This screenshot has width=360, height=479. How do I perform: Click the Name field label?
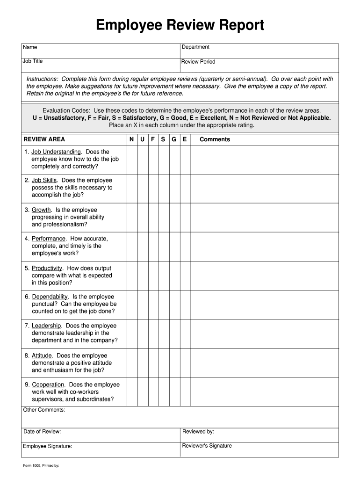tap(30, 47)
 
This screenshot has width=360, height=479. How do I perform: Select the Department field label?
tap(195, 47)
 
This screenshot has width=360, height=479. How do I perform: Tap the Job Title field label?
tap(33, 61)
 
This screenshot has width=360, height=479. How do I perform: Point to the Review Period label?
tap(198, 62)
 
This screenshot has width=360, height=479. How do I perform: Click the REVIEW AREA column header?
tap(44, 139)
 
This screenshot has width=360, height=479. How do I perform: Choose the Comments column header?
tap(215, 139)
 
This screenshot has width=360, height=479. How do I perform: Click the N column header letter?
tap(131, 139)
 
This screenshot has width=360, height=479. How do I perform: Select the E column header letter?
tap(185, 139)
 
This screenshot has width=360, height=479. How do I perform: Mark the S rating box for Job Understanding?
tap(163, 160)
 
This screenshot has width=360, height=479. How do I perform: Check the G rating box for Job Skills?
tap(174, 188)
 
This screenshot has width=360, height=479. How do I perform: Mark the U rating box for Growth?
tap(142, 218)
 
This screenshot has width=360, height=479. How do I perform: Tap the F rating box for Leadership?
tap(152, 334)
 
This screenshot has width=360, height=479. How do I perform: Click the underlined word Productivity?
tap(47, 269)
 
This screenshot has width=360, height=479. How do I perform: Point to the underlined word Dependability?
tap(50, 297)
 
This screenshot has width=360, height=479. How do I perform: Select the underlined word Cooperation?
tap(48, 385)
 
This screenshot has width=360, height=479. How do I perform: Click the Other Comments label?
tap(44, 410)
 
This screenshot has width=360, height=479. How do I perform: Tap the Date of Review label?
tap(42, 432)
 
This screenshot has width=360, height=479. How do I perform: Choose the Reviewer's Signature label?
tap(207, 446)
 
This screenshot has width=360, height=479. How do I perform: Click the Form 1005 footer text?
tap(41, 466)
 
